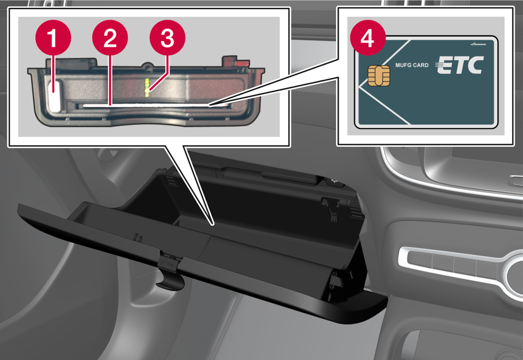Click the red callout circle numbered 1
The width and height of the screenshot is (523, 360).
pos(53,37)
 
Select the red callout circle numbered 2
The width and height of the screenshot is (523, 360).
pos(110,37)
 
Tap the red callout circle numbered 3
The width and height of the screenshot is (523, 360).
pos(167,37)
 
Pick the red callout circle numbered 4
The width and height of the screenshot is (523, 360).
pos(368,37)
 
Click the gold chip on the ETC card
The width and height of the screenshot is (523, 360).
pos(379,76)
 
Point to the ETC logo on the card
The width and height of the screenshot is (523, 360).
pos(459,65)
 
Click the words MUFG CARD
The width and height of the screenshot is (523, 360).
pos(412,65)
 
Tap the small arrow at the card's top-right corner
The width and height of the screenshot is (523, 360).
pos(478,44)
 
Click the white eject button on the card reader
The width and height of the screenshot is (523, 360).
pos(56,96)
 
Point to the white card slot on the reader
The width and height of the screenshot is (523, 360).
pos(154,106)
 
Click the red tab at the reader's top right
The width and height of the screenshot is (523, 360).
pos(242,64)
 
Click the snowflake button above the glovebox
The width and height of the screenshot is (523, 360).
pos(335,181)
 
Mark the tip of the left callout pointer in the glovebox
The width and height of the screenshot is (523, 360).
pos(213,225)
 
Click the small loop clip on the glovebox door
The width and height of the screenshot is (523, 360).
pos(138,237)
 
